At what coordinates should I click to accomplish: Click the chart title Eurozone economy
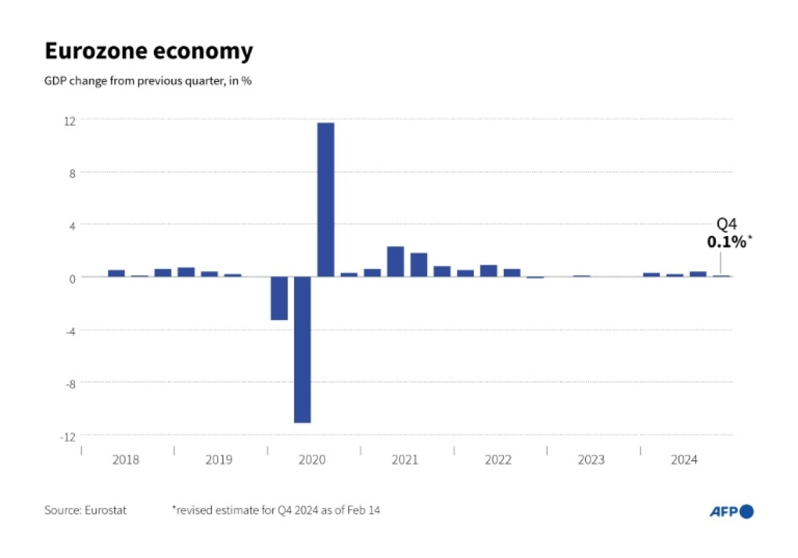(148, 51)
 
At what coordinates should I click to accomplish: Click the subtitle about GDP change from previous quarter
(148, 83)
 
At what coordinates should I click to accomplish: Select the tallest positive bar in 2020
(325, 199)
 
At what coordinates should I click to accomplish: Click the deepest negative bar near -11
(302, 349)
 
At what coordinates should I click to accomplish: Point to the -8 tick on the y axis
(70, 383)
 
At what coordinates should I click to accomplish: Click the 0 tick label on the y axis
(73, 278)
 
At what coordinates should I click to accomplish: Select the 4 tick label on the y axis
(73, 226)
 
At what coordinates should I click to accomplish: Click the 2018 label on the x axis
(125, 460)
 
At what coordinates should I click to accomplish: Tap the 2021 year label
(405, 460)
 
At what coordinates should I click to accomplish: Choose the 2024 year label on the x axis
(685, 460)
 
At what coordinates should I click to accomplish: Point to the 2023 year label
(591, 460)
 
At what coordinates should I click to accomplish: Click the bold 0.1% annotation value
(726, 242)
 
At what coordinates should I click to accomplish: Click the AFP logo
(731, 512)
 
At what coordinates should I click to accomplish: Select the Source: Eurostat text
(85, 510)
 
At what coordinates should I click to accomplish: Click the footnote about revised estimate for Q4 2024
(276, 510)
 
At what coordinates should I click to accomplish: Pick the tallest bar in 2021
(395, 261)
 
